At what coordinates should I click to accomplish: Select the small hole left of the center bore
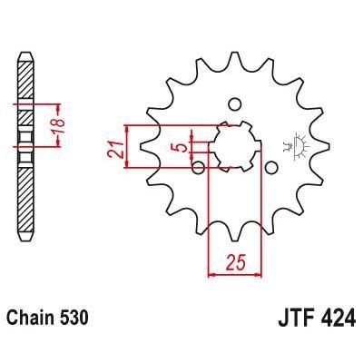pos(197,165)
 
